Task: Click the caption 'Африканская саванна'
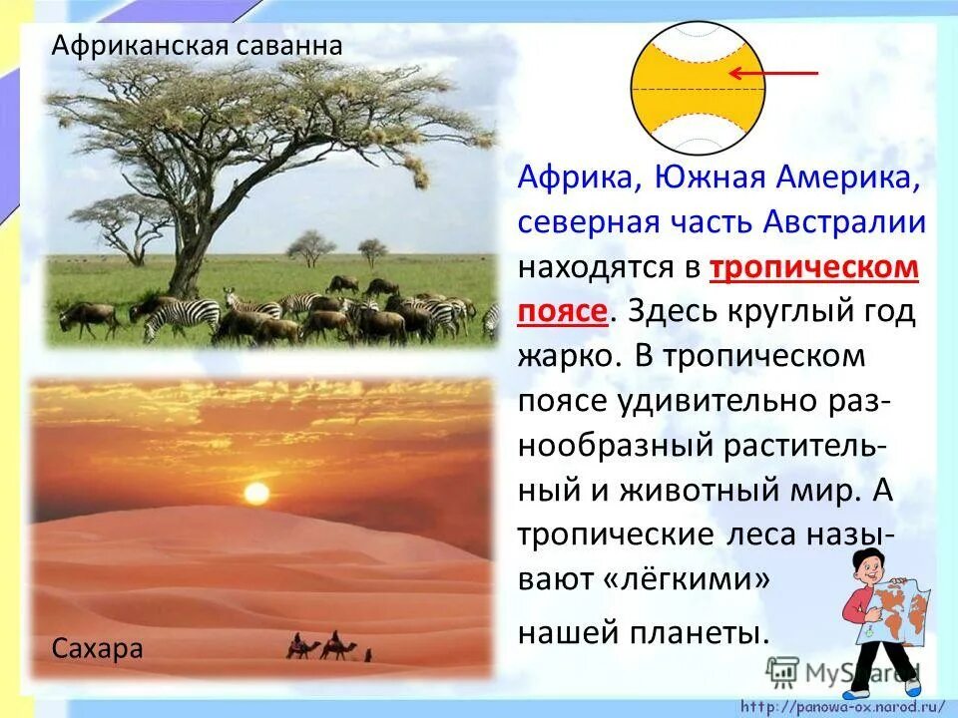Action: (x=197, y=45)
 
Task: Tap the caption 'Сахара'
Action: (x=98, y=649)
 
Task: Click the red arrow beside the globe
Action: (x=772, y=73)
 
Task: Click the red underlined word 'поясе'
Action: (x=562, y=311)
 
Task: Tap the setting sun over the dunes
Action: (x=256, y=493)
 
